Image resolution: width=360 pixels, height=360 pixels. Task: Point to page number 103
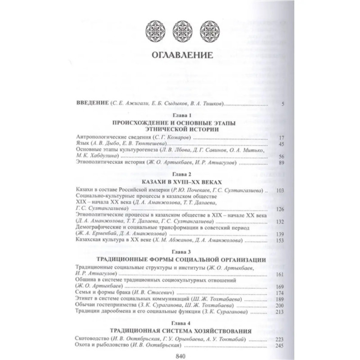[x=280, y=191]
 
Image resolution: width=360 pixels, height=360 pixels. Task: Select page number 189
[x=280, y=299]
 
